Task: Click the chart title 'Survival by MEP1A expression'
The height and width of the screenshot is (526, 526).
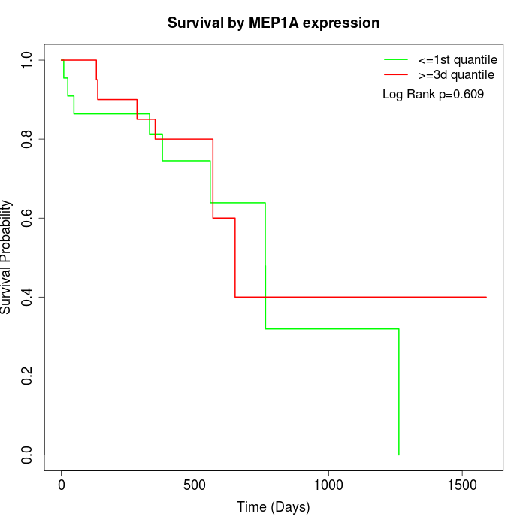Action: click(x=273, y=23)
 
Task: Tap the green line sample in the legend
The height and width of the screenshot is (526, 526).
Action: click(x=396, y=59)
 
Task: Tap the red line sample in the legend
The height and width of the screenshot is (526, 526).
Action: click(x=396, y=74)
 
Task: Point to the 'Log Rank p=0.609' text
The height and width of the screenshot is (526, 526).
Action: click(x=433, y=95)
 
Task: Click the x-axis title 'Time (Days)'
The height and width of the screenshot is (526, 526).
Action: click(x=273, y=508)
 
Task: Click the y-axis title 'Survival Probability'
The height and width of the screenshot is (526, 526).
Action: click(x=7, y=257)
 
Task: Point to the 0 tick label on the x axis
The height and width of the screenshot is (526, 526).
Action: click(x=62, y=485)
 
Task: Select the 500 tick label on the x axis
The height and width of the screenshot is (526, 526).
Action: click(x=195, y=485)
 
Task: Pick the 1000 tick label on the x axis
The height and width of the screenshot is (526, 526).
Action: click(x=328, y=485)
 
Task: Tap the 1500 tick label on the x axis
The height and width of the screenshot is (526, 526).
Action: click(x=461, y=485)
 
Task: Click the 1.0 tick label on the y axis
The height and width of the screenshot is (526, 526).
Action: click(x=28, y=60)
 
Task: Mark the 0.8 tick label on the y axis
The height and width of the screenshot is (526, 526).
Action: click(x=28, y=139)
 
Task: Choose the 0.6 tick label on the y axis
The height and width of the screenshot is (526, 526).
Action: click(x=28, y=218)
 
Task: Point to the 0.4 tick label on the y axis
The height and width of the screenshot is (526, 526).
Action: click(x=28, y=297)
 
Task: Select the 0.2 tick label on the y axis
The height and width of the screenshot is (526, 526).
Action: click(x=28, y=376)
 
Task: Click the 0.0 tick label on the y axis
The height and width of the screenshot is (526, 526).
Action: click(x=28, y=455)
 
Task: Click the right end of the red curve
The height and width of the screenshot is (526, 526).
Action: click(x=486, y=297)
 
